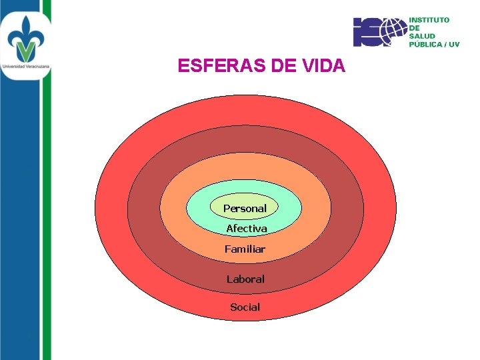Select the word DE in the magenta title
pos(281,66)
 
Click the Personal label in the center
pos(245,209)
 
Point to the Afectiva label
pos(246,229)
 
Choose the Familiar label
pos(245,249)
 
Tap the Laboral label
pos(245,279)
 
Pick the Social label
pos(245,307)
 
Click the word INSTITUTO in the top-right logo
pos(429,20)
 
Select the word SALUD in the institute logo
pos(422,36)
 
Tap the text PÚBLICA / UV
pos(434,45)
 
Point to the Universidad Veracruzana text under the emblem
pos(26,67)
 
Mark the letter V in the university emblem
pos(26,51)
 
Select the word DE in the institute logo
pos(414,28)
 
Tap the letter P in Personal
pos(227,209)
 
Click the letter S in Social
pos(233,307)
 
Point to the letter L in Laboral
pos(229,279)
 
